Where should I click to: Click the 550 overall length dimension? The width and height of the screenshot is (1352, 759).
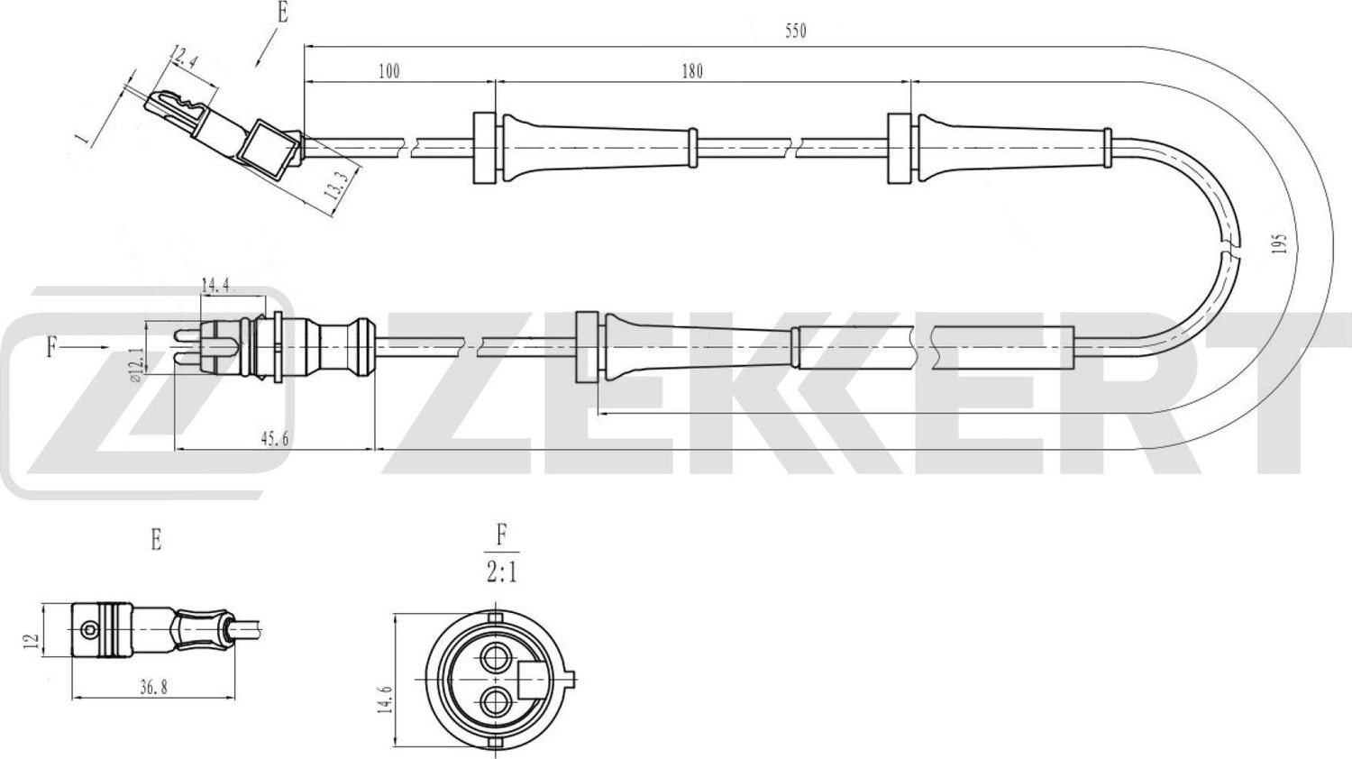pyautogui.click(x=794, y=32)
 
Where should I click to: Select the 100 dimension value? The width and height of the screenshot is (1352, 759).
pyautogui.click(x=388, y=71)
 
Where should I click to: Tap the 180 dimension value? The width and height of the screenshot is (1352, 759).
pyautogui.click(x=691, y=71)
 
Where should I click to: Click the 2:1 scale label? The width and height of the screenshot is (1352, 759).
pyautogui.click(x=501, y=573)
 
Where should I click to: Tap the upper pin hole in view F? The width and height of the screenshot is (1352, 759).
pyautogui.click(x=492, y=655)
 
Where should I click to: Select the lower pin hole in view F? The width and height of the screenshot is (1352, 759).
pyautogui.click(x=492, y=700)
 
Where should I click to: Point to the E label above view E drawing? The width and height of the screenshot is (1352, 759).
pyautogui.click(x=156, y=541)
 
